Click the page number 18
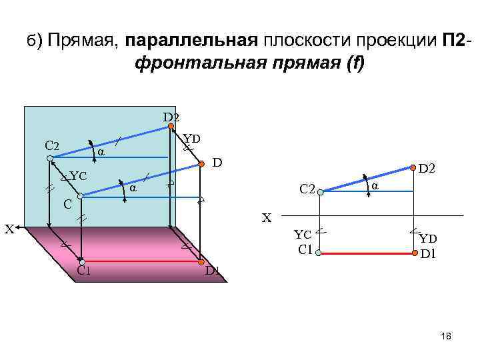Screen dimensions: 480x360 447,337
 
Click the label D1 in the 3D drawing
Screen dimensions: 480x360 212,271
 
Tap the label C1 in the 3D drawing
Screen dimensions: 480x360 84,271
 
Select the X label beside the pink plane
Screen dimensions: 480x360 9,229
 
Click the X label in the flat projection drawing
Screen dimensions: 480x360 267,217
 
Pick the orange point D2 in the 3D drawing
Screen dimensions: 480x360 171,126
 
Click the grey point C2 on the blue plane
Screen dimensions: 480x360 50,158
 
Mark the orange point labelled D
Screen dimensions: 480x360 200,163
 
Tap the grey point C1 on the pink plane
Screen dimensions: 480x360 82,261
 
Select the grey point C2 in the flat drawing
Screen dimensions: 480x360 320,192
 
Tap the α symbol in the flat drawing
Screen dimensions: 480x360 375,186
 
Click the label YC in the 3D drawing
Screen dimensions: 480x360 79,177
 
